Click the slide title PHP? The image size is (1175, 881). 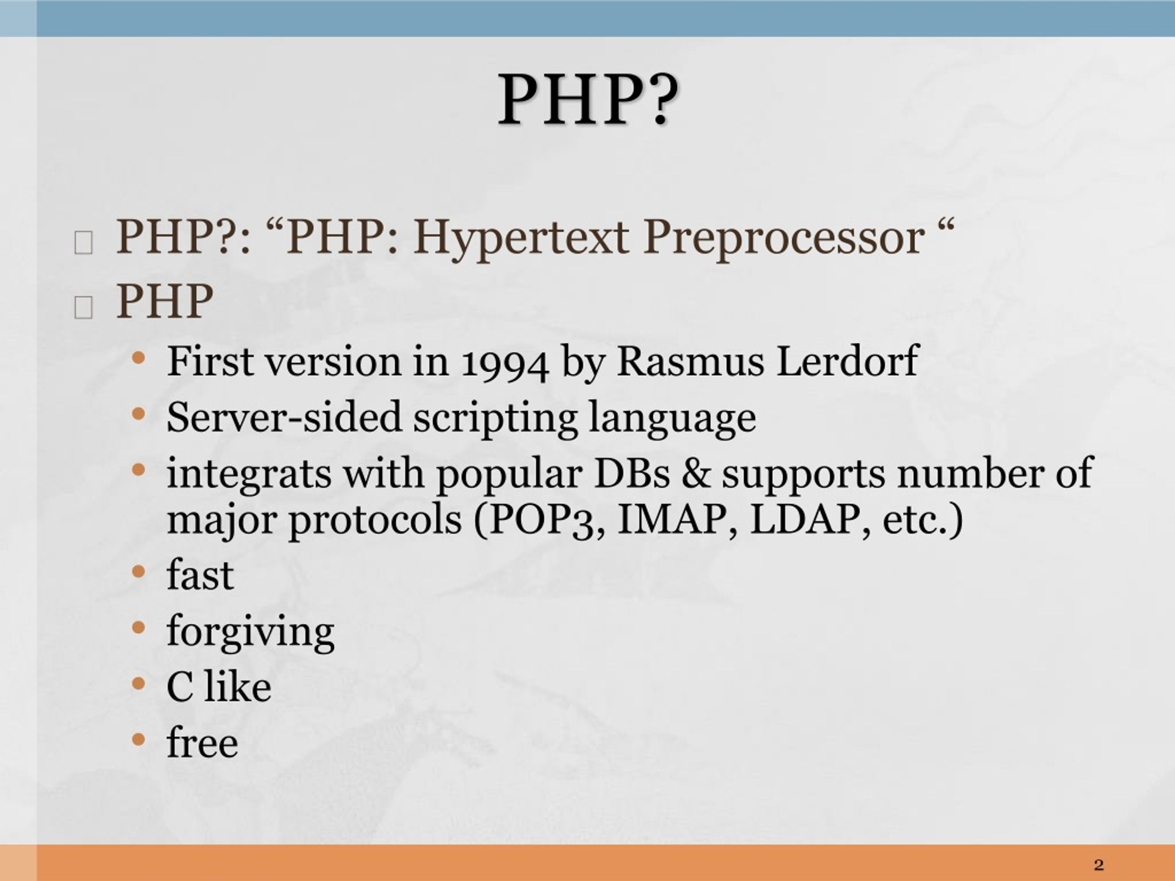click(587, 100)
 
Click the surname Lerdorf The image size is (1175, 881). click(847, 362)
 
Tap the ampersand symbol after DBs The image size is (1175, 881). click(695, 473)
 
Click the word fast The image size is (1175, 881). click(200, 575)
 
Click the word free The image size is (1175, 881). click(202, 742)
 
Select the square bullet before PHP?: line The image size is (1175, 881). click(84, 243)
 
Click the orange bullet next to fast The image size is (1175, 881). click(138, 572)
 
